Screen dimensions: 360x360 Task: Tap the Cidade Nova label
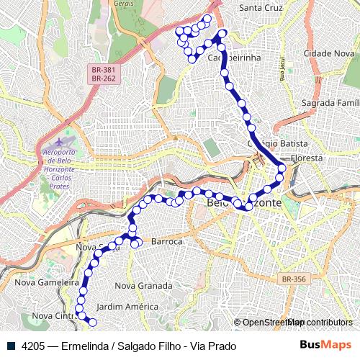tap(329, 54)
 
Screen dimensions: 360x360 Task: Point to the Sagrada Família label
tap(330, 103)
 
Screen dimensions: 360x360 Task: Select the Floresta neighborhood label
tap(308, 157)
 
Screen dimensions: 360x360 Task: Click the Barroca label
tap(166, 242)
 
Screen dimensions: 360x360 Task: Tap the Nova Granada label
tap(144, 286)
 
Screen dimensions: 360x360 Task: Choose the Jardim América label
tap(127, 307)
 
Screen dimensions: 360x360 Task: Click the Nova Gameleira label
tap(48, 283)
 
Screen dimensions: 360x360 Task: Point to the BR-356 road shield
tap(294, 278)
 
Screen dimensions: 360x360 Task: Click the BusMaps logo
tap(325, 346)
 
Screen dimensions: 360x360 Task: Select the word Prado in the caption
tap(222, 346)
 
